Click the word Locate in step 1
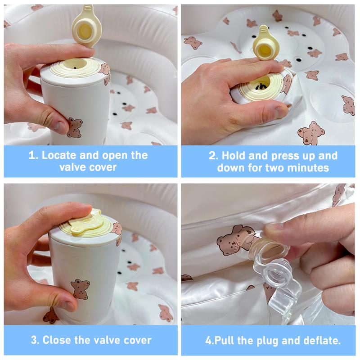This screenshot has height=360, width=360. click(x=59, y=155)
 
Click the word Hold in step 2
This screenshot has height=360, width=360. click(x=234, y=156)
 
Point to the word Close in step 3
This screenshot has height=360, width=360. click(x=57, y=340)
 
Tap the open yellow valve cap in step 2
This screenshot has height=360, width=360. click(x=264, y=44)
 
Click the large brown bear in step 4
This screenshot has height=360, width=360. click(x=234, y=240)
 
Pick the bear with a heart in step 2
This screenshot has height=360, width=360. click(x=311, y=133)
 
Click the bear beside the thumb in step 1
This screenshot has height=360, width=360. click(x=75, y=128)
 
